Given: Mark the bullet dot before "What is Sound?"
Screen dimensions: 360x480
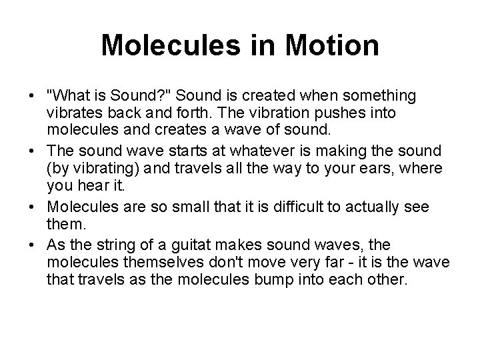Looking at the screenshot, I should pos(33,97).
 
